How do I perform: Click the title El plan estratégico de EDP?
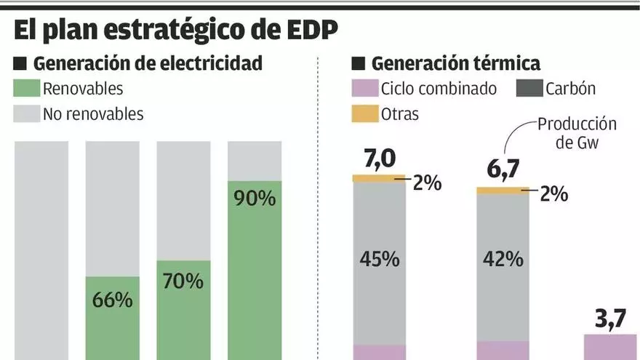point(175,30)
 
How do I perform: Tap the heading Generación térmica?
point(455,63)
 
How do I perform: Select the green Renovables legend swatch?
point(25,89)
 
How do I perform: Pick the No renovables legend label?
point(93,114)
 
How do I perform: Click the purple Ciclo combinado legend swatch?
point(364,89)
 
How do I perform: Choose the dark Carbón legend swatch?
point(529,89)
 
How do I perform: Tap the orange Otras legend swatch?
point(364,114)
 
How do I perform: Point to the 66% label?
point(112,300)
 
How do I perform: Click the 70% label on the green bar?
point(183,281)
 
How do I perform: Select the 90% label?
point(255,199)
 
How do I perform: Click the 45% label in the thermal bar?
point(379,260)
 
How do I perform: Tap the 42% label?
point(503,260)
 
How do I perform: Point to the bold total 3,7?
point(610,318)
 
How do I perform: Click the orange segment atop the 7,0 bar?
point(378,178)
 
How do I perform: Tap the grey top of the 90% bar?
point(255,161)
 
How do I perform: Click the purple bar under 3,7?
point(610,347)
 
